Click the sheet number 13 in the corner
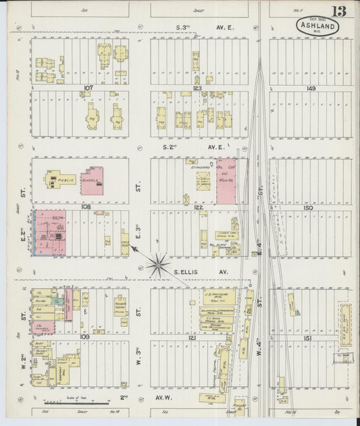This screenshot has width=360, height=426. [x=340, y=10]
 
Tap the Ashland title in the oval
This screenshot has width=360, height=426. [x=317, y=27]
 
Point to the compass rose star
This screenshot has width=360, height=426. [x=157, y=264]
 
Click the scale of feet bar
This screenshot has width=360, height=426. [x=81, y=403]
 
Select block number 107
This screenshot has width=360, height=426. [x=86, y=87]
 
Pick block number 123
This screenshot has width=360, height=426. [x=197, y=88]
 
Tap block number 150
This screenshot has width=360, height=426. [x=309, y=208]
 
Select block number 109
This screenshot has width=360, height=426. [x=85, y=336]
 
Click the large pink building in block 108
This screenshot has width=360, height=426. [x=50, y=233]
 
